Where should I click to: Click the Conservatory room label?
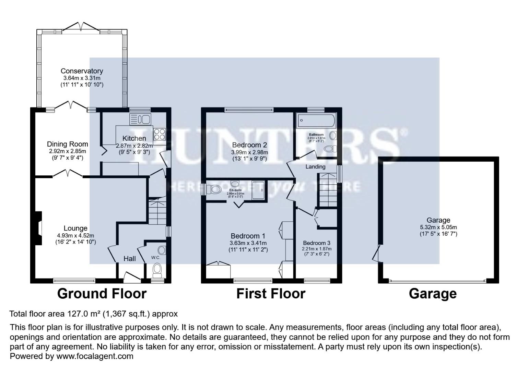coord(82,71)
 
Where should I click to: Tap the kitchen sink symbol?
coord(140,120)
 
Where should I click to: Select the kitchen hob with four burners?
coord(160,134)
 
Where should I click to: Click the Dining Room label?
coord(67,144)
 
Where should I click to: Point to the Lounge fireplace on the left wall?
coord(39,228)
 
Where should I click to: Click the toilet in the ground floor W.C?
coord(157,270)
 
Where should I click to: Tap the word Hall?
coord(130,259)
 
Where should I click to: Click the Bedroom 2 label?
coord(249,145)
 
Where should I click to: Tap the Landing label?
coord(315,167)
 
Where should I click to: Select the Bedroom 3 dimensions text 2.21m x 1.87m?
coord(316,249)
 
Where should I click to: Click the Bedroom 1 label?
coord(248,236)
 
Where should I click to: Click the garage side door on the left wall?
coord(377,254)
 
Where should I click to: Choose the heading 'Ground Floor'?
coord(102,294)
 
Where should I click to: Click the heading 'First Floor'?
coord(271,294)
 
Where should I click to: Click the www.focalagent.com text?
coord(95,356)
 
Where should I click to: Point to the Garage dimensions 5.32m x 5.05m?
coord(438,227)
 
